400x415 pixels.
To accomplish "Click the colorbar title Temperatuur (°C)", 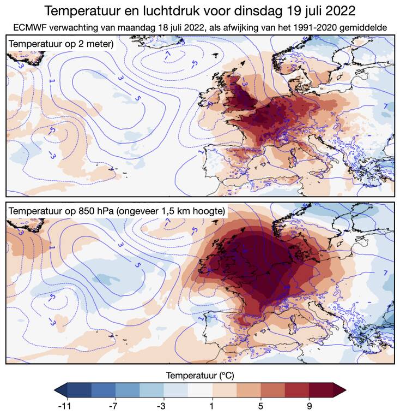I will click(200, 375).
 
